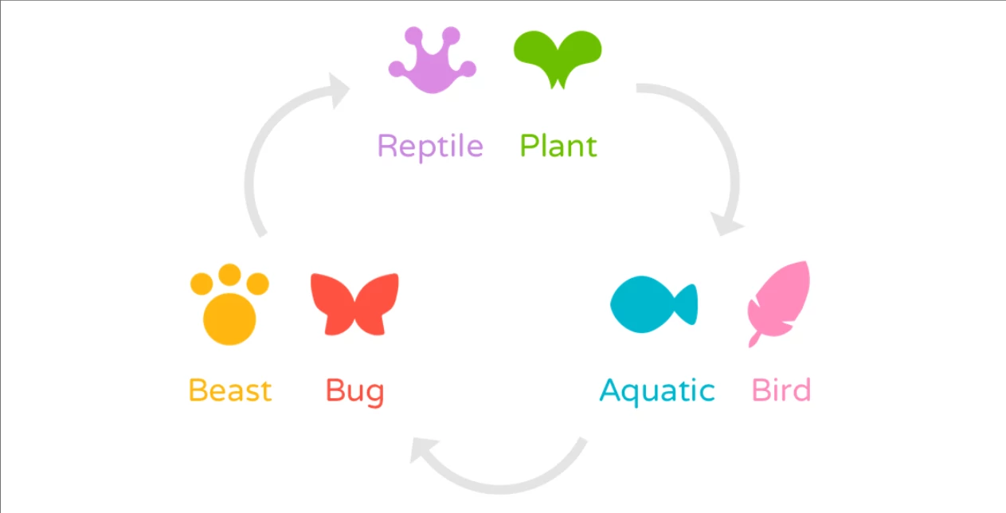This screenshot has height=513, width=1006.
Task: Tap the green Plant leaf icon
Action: pyautogui.click(x=556, y=57)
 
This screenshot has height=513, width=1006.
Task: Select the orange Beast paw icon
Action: pyautogui.click(x=229, y=307)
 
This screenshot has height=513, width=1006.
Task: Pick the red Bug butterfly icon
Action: pyautogui.click(x=354, y=303)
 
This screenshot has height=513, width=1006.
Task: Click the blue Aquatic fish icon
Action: pyautogui.click(x=652, y=304)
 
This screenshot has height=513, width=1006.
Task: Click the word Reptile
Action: pyautogui.click(x=430, y=147)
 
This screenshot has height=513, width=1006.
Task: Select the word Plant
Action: pyautogui.click(x=558, y=147)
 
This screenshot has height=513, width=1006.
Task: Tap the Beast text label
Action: pyautogui.click(x=230, y=391)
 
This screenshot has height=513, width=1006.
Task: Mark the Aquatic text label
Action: pyautogui.click(x=657, y=391)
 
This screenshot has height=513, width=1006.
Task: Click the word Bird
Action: pyautogui.click(x=781, y=391)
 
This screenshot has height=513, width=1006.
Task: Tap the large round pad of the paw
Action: pyautogui.click(x=229, y=319)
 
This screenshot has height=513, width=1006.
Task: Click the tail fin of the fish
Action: pyautogui.click(x=687, y=304)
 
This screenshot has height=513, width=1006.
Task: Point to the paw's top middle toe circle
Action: pyautogui.click(x=229, y=274)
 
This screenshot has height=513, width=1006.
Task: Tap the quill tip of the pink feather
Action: pyautogui.click(x=753, y=342)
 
